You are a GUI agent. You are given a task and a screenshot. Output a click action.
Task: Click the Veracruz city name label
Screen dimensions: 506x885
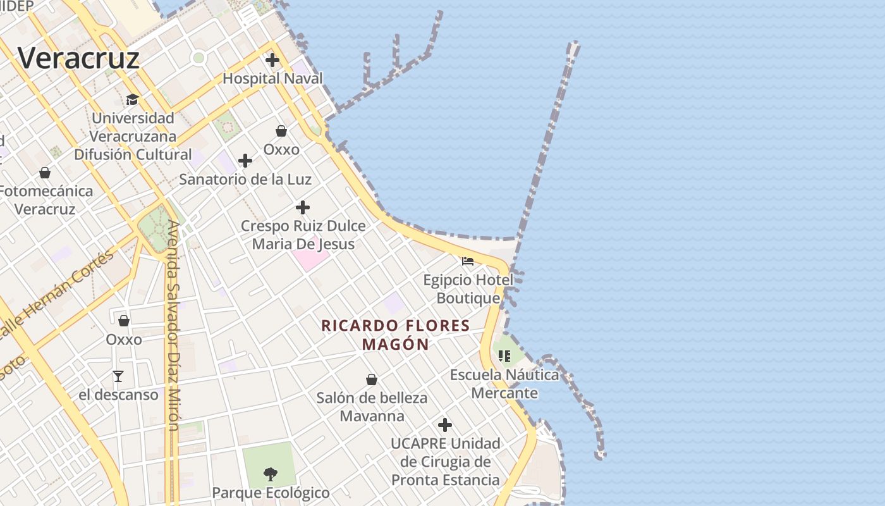(78, 58)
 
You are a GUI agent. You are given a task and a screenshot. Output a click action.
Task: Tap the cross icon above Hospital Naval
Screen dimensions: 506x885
(272, 61)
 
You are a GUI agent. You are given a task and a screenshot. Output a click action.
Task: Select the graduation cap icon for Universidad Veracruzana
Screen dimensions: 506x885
(132, 100)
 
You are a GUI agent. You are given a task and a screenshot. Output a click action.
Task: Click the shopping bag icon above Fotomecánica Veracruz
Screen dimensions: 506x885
(45, 173)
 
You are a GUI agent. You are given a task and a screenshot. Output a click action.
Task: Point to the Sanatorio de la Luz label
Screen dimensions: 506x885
(245, 179)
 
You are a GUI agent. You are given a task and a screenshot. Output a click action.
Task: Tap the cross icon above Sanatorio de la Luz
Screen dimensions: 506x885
(245, 161)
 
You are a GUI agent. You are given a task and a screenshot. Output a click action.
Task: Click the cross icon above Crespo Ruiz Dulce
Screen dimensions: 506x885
(303, 207)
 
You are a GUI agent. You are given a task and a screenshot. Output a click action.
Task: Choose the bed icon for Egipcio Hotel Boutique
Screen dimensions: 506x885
(468, 261)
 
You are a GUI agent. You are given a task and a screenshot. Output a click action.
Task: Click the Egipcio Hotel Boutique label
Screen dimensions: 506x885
(468, 288)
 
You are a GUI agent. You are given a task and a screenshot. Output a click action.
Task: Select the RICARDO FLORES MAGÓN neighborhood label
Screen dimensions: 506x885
(396, 335)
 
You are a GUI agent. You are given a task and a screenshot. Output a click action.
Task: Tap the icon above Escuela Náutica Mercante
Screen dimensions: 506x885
(504, 356)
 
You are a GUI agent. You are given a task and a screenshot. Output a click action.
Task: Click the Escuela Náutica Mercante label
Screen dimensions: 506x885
(504, 384)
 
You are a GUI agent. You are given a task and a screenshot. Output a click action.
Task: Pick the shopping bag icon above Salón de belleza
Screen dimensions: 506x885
(372, 379)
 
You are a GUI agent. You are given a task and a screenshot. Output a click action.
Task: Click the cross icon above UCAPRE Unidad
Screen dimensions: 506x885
(445, 425)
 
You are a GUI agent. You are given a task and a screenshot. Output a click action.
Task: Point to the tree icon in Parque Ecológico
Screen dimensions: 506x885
(271, 474)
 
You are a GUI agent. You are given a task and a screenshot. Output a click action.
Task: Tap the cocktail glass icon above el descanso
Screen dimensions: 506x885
(118, 376)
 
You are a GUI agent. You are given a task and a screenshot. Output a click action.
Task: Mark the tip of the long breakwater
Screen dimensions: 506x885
(574, 44)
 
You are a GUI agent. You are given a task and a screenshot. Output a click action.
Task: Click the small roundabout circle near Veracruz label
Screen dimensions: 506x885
(199, 58)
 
